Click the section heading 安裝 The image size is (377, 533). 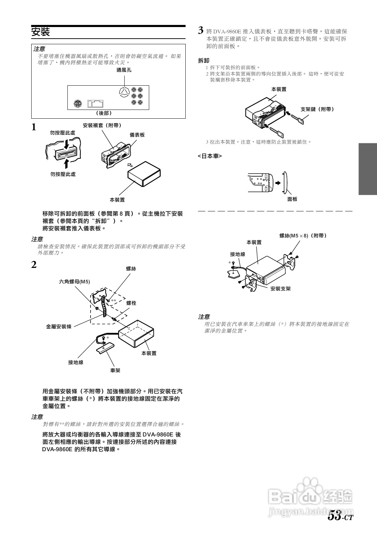pos(41,32)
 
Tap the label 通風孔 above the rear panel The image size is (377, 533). pos(124,70)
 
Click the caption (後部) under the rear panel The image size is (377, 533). pos(104,113)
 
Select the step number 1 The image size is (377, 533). pos(34,127)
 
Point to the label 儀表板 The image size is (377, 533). pos(137,135)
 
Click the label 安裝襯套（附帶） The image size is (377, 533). pos(102,125)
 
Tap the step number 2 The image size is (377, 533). pos(34,265)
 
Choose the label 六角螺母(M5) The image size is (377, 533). pos(74,282)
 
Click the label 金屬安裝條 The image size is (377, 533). pos(59,327)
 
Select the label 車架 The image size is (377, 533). pos(115,370)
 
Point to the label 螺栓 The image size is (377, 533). pos(131,303)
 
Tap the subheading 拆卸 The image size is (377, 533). pos(204,60)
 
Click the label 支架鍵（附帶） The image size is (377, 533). pos(317,109)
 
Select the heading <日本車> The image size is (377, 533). pos(210,156)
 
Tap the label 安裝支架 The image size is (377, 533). pos(280,289)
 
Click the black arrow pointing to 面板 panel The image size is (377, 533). pos(278,183)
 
